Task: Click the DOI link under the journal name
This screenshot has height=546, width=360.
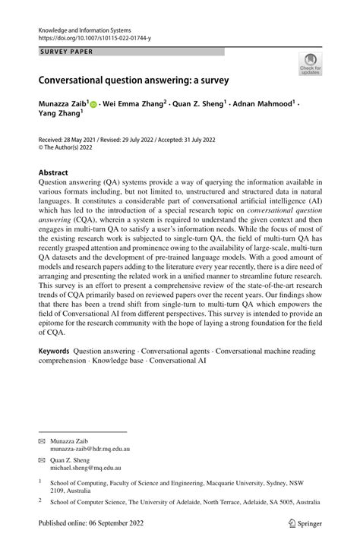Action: [93, 35]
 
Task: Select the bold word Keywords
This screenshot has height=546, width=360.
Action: [54, 352]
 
